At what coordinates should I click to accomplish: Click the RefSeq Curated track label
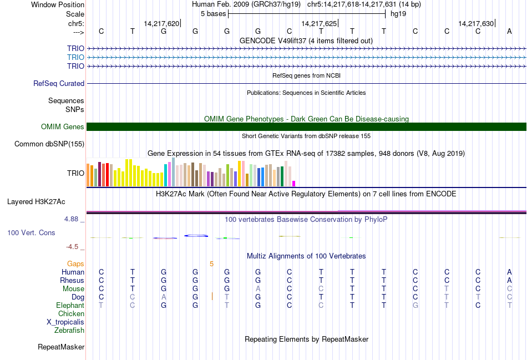coord(59,83)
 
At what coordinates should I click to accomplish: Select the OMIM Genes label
coord(63,127)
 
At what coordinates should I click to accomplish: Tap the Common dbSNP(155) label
coord(49,144)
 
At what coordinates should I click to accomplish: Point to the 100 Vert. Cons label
coord(31,232)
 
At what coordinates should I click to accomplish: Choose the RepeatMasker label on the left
coord(61,347)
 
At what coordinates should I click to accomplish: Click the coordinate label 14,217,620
coord(161,24)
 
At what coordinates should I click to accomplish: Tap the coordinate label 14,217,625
coord(319,24)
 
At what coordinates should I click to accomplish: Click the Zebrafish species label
coord(69,331)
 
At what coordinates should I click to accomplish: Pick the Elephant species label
coord(70,306)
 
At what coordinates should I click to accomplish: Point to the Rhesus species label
coord(72,281)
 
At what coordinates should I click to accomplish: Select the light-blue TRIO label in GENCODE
coord(75,57)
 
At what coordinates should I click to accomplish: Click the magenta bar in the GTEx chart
coord(294,183)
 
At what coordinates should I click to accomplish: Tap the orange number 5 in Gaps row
coord(211,264)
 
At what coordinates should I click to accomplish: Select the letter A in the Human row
coord(509,272)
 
